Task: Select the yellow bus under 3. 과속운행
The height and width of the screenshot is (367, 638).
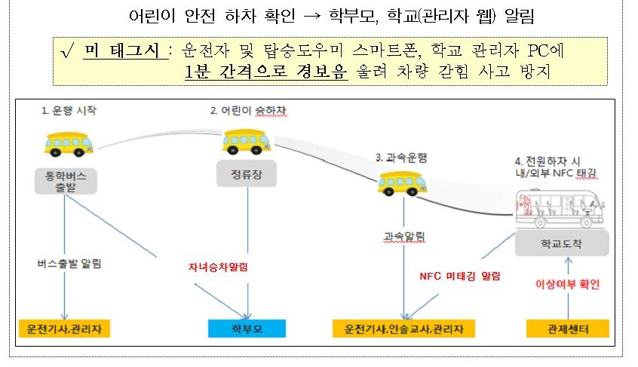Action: pos(400,182)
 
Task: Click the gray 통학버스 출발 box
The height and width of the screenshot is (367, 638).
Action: pos(66,179)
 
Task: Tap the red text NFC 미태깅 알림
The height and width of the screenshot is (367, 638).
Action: pos(460,276)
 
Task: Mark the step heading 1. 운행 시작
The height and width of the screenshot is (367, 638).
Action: pos(69,111)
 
